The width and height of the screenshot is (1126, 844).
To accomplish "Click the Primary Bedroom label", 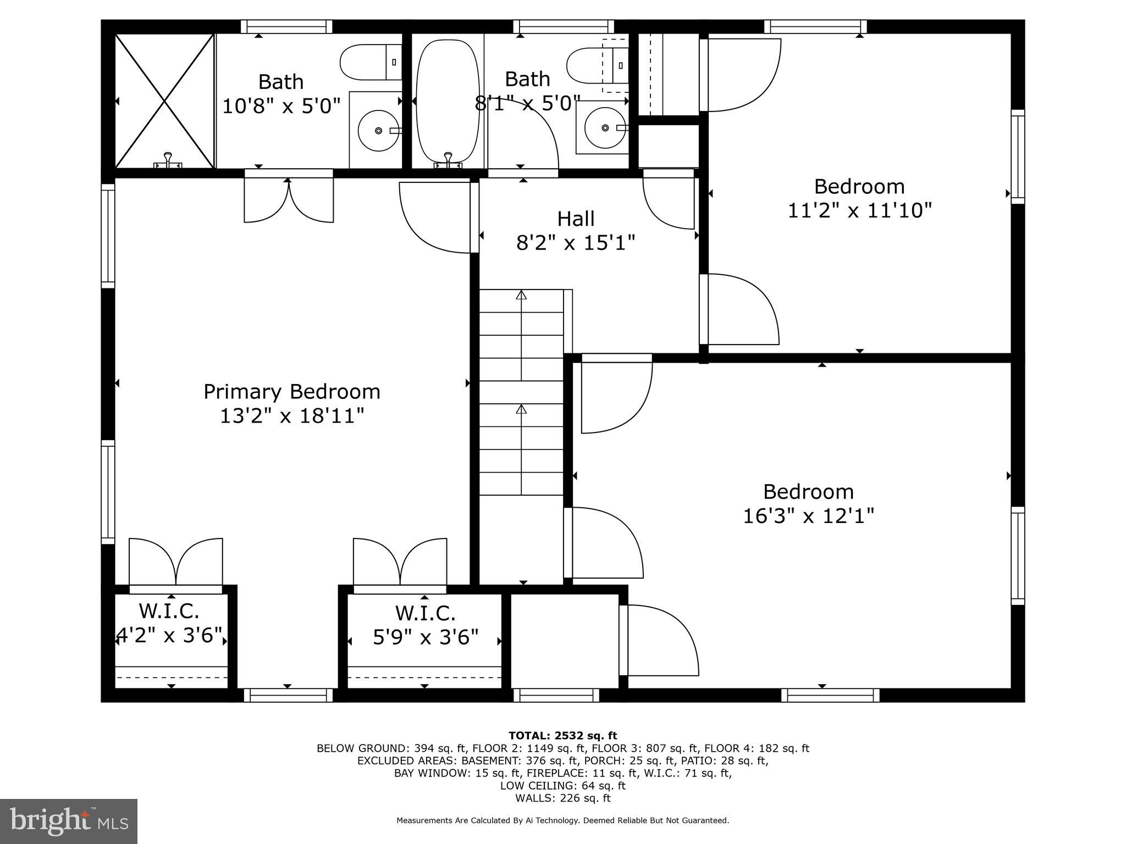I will click(x=291, y=392).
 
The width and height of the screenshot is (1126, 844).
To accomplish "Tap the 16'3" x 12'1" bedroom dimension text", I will click(x=808, y=516).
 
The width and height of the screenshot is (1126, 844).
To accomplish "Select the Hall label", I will click(x=576, y=219).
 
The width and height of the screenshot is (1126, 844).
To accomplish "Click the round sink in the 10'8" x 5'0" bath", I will click(x=378, y=130).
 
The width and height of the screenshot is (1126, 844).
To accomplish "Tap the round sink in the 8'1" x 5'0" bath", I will click(x=605, y=128).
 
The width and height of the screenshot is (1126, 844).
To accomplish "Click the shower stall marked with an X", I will click(x=164, y=101).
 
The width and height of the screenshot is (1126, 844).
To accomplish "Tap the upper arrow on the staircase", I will click(x=521, y=295).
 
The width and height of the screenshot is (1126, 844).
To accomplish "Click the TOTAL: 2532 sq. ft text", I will click(x=562, y=735).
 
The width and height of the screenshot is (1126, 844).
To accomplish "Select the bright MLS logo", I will click(x=69, y=821).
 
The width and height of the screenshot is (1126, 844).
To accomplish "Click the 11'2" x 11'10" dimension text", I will click(x=859, y=210).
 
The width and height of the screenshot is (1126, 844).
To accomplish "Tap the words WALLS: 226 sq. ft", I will click(x=562, y=798).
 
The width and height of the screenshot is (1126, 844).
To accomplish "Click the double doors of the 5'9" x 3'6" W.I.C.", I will click(x=400, y=563).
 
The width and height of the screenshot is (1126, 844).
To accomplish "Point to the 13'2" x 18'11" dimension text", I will click(x=291, y=416).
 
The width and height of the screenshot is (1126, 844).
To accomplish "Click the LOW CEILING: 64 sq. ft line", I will click(x=562, y=786).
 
